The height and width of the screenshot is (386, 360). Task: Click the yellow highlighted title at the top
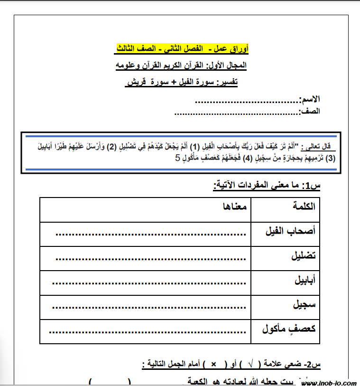[182, 48]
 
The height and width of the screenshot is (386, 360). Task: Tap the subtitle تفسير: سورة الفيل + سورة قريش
[182, 83]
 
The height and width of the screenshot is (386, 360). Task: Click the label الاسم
[310, 100]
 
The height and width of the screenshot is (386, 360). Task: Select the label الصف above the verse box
[310, 112]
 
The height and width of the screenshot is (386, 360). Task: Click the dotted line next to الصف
[235, 113]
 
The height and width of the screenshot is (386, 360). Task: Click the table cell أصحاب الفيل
[290, 231]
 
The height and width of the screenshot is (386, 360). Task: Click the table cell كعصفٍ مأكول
[289, 329]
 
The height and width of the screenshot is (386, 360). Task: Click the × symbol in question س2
[213, 365]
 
